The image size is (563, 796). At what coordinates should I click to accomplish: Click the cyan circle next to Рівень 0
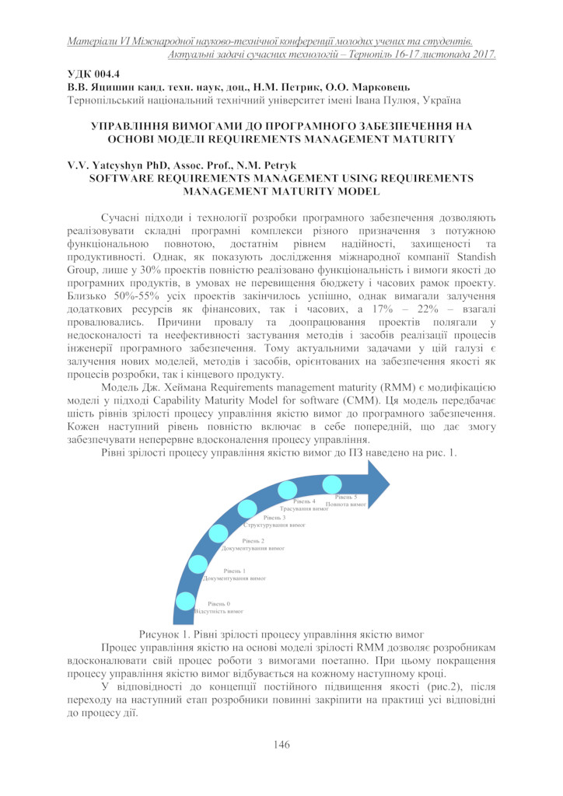tap(186, 601)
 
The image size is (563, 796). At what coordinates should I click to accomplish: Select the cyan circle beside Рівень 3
tap(247, 509)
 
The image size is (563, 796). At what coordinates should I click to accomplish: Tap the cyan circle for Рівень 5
tap(331, 484)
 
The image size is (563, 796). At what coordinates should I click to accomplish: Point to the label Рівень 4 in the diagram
tap(304, 501)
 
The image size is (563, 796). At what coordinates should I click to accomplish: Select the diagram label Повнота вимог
tap(346, 504)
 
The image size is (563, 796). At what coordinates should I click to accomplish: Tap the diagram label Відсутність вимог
tap(213, 612)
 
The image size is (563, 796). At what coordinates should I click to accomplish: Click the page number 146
tap(281, 745)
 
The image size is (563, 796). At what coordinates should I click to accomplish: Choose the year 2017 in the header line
tap(482, 54)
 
